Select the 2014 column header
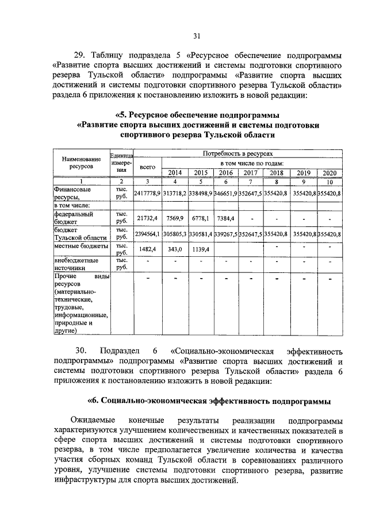point(174,173)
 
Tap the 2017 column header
point(250,173)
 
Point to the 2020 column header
point(329,173)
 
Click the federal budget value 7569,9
point(174,218)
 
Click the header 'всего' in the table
point(148,166)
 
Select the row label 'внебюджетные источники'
point(72,264)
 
